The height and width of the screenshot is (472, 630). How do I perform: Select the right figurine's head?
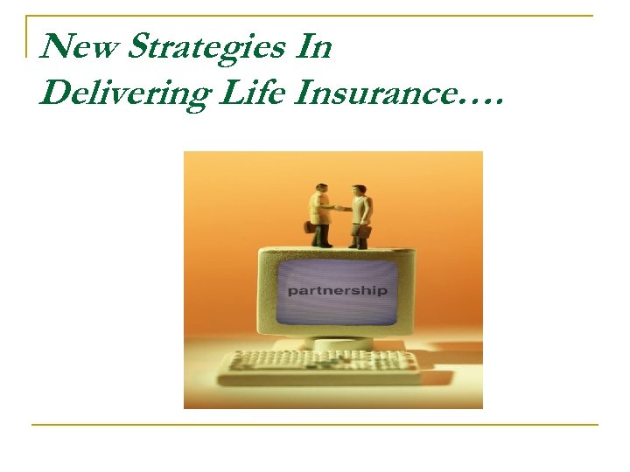358,190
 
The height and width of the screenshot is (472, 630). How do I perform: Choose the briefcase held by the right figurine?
365,232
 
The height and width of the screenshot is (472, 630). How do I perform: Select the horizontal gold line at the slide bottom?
315,425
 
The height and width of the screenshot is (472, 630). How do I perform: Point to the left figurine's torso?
319,209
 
